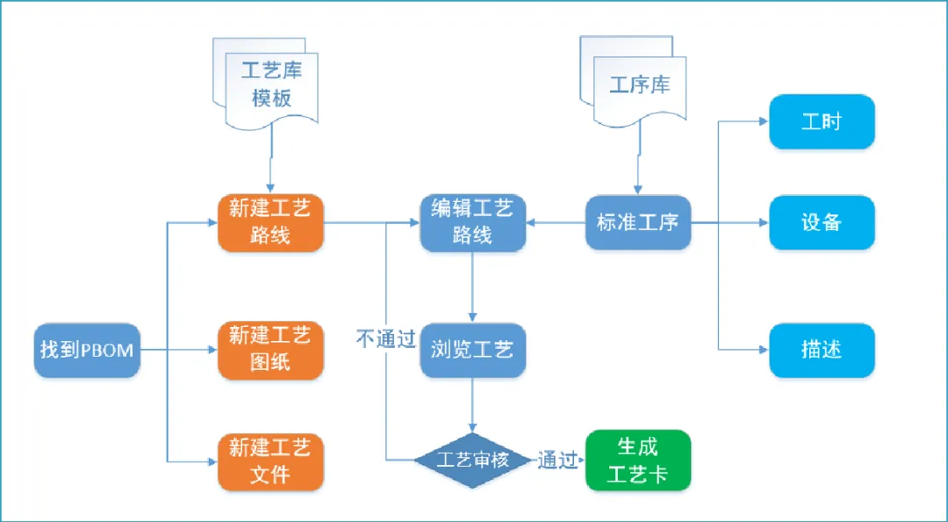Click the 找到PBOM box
pos(87,350)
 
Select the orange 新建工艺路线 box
pos(270,222)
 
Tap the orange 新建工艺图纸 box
pos(270,349)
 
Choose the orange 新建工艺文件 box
pos(270,461)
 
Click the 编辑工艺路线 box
pos(472,222)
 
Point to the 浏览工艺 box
pos(472,349)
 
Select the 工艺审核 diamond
pos(473,460)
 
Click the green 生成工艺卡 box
pos(638,460)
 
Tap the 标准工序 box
pos(637,222)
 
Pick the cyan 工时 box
pos(822,121)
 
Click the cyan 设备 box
pos(822,222)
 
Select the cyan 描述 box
pos(822,350)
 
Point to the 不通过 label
pos(385,339)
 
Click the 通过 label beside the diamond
pos(557,460)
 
